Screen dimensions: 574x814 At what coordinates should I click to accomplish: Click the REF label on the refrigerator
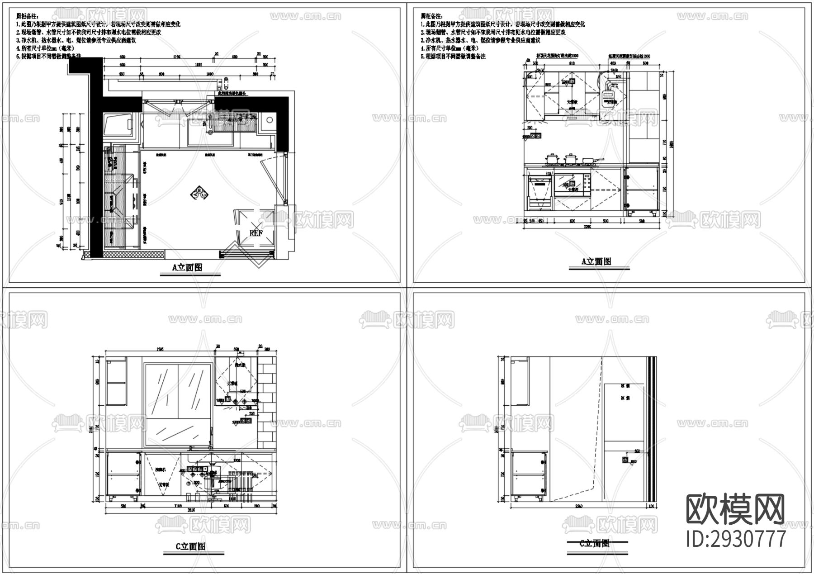click(x=256, y=233)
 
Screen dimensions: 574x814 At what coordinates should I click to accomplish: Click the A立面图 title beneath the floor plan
click(x=187, y=267)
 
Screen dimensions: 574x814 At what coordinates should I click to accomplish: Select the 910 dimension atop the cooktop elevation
click(x=571, y=64)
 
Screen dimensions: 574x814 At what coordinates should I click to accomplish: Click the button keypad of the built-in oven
click(x=586, y=184)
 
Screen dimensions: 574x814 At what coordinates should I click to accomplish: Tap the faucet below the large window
click(x=210, y=437)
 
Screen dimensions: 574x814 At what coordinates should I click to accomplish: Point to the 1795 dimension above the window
click(x=160, y=349)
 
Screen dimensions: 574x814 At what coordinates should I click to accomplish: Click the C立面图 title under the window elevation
click(x=190, y=546)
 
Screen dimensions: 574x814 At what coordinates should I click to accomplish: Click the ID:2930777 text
click(x=736, y=539)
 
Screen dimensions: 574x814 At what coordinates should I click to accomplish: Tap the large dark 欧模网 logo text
click(x=736, y=508)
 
